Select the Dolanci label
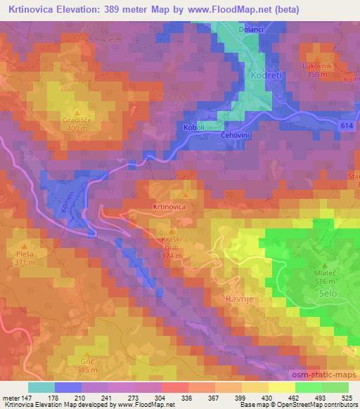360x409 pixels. (x=250, y=30)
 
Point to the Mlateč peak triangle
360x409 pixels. (x=324, y=265)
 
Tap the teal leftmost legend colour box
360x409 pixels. (x=41, y=387)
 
